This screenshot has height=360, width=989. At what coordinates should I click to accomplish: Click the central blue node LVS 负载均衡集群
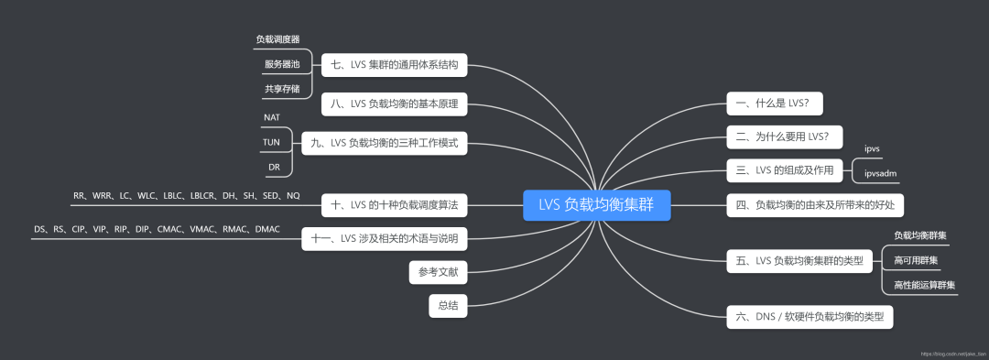pyautogui.click(x=596, y=205)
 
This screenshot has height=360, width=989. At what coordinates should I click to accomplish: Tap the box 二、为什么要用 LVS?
pyautogui.click(x=782, y=137)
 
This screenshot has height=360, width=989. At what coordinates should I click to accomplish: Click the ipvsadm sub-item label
pyautogui.click(x=881, y=173)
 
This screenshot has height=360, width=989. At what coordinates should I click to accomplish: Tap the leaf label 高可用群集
pyautogui.click(x=915, y=261)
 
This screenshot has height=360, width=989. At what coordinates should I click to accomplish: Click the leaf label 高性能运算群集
pyautogui.click(x=924, y=286)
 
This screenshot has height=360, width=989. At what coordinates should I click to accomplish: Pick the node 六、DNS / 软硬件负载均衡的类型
pyautogui.click(x=810, y=317)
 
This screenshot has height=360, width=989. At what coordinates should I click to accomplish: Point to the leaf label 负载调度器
pyautogui.click(x=278, y=39)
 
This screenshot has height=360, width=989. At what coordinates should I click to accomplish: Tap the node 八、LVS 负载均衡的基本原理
pyautogui.click(x=395, y=104)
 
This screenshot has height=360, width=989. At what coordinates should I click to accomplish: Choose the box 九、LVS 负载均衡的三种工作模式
pyautogui.click(x=385, y=142)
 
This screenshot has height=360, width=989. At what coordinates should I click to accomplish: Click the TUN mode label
pyautogui.click(x=272, y=142)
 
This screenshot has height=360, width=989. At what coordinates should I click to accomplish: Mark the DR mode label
pyautogui.click(x=274, y=167)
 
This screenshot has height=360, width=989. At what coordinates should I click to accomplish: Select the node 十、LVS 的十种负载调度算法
pyautogui.click(x=395, y=202)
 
